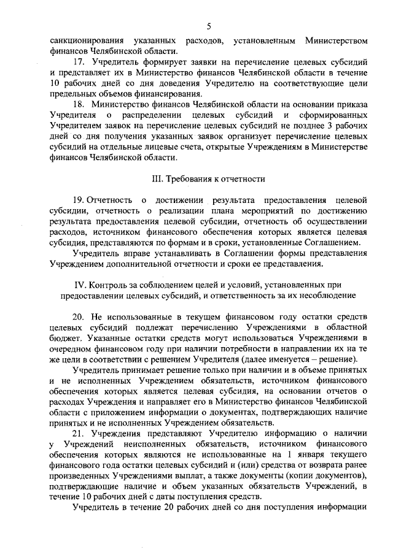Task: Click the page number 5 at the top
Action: click(209, 25)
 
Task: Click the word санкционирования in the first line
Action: click(85, 40)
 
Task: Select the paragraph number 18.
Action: click(79, 105)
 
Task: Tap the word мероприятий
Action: click(239, 210)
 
